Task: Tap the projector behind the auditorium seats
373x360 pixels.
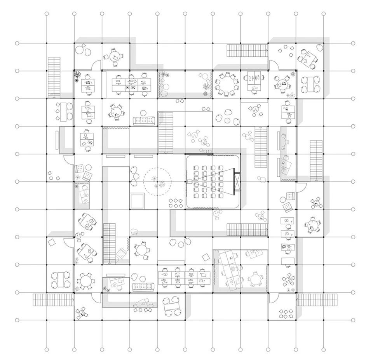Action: click(x=190, y=181)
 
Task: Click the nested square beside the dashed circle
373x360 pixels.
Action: click(x=137, y=201)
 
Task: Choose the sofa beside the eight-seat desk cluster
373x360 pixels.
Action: click(x=143, y=286)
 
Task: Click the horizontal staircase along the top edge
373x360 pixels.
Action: click(x=248, y=49)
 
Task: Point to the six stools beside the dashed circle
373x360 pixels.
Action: click(x=176, y=203)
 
